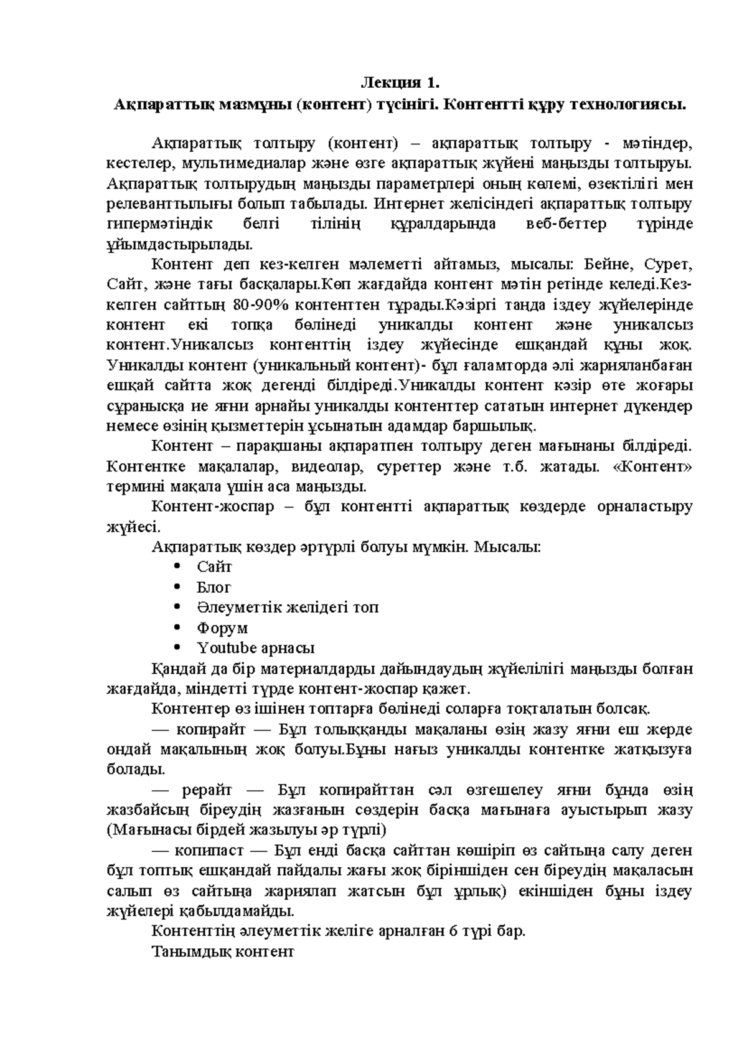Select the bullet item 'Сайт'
tap(214, 567)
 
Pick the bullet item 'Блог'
tap(214, 587)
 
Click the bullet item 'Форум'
tap(222, 628)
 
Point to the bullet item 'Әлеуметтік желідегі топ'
tap(288, 607)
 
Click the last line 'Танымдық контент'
tap(222, 952)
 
